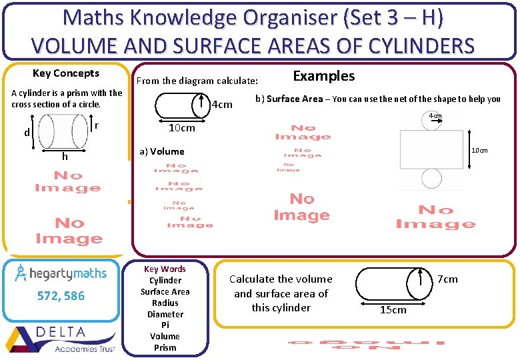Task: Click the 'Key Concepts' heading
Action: click(66, 73)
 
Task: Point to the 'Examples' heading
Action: click(324, 76)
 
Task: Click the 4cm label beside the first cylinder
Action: click(221, 105)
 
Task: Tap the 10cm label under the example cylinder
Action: click(181, 128)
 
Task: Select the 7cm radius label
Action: click(447, 279)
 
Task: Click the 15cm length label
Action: click(393, 309)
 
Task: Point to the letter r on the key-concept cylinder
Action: click(97, 125)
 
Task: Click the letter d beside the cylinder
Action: click(27, 133)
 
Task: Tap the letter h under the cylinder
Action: click(65, 156)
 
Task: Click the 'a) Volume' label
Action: click(162, 151)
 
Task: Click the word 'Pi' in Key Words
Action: click(165, 325)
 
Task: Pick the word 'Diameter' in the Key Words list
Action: click(165, 314)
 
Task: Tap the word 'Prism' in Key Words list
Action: click(165, 347)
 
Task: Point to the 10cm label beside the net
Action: click(479, 151)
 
